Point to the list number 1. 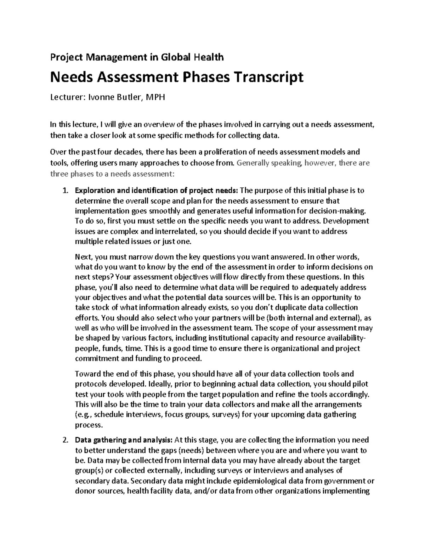(64, 191)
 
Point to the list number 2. (64, 440)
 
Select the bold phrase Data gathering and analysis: (124, 440)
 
